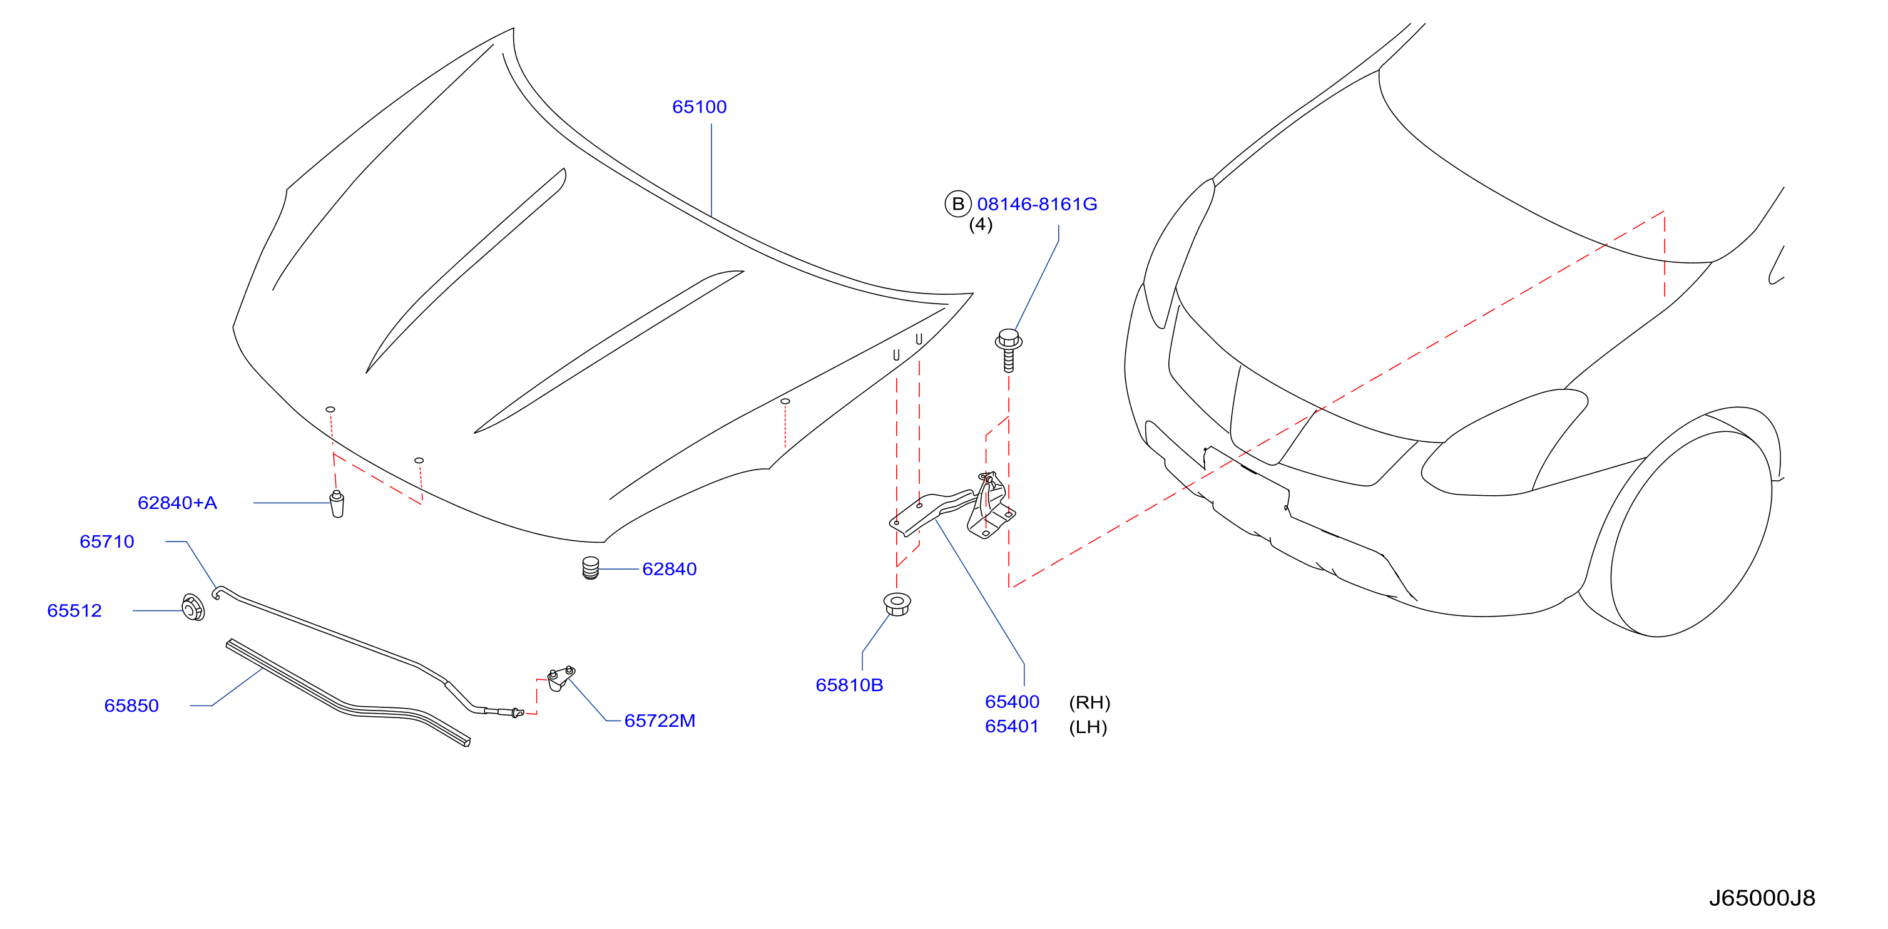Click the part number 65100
(699, 107)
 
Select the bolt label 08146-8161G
(1037, 205)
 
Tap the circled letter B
(958, 204)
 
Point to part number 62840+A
(177, 503)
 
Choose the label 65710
(107, 542)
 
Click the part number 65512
(74, 611)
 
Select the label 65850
(131, 706)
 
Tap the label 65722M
(660, 721)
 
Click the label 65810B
(849, 685)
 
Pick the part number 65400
(1012, 702)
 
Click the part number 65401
(1012, 727)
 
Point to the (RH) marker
(1090, 702)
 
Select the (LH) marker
(1088, 727)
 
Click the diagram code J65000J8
(1762, 898)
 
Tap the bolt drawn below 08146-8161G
(1009, 351)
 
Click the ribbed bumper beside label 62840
(591, 568)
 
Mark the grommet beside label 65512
(193, 608)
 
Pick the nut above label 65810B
(897, 603)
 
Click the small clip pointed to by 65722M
(561, 678)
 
